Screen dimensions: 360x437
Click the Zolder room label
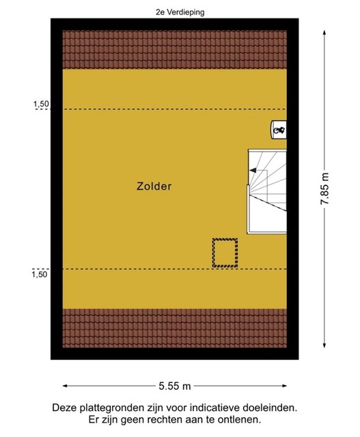pos(154,186)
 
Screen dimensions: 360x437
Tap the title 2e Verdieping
pos(180,12)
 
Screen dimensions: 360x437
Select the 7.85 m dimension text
pos(325,188)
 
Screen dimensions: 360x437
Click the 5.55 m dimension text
pos(175,386)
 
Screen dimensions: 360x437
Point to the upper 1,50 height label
pos(41,104)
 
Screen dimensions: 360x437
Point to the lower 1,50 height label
pos(40,274)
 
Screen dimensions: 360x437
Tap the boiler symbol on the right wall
pos(279,130)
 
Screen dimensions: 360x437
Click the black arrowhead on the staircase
pos(253,170)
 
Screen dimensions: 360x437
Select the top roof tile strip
pos(175,50)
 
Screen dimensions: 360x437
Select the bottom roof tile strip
pos(175,328)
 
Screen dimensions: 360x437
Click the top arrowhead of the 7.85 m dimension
pos(324,32)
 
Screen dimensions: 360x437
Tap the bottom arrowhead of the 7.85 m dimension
pos(324,346)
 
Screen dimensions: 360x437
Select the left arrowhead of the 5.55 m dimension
pos(66,386)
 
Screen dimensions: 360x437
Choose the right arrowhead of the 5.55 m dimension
pos(284,386)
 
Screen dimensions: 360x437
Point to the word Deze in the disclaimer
pos(65,408)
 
